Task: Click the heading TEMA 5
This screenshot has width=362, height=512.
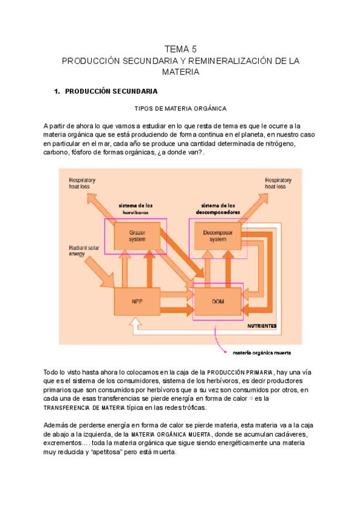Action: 181,49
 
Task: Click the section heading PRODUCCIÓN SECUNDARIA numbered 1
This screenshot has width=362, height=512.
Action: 111,91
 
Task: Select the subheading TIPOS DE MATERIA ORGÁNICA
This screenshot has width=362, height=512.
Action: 180,109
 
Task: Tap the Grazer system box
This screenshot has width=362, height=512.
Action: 137,236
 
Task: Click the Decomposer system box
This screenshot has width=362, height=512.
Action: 214,236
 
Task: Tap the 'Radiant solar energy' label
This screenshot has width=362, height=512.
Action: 80,251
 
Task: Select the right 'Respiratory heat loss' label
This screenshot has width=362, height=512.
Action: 278,184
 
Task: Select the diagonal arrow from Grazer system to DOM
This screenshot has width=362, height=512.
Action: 179,260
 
